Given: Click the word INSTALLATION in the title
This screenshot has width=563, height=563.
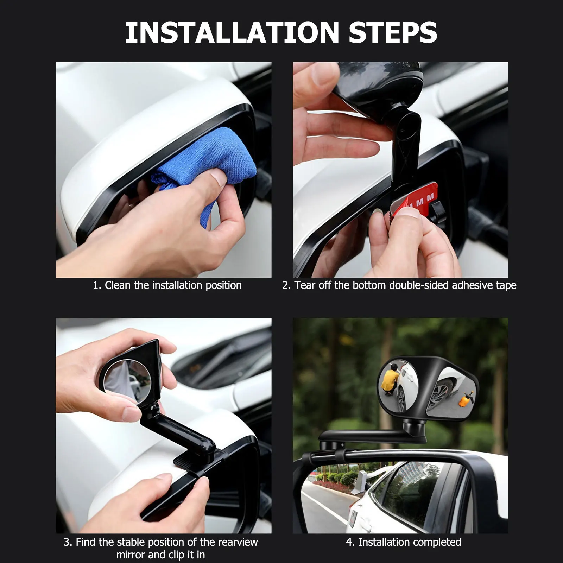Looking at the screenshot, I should (232, 33).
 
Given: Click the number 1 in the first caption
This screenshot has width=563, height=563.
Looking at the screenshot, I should (96, 285).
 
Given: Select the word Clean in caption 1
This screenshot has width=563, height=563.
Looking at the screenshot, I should (117, 285).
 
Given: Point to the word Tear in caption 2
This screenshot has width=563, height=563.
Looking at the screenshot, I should (305, 285).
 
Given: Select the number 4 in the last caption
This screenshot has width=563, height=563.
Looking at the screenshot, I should (349, 542).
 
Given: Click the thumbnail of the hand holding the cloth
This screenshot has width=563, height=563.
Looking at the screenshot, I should (163, 170).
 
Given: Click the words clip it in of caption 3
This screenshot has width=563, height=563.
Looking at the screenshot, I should (185, 555).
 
